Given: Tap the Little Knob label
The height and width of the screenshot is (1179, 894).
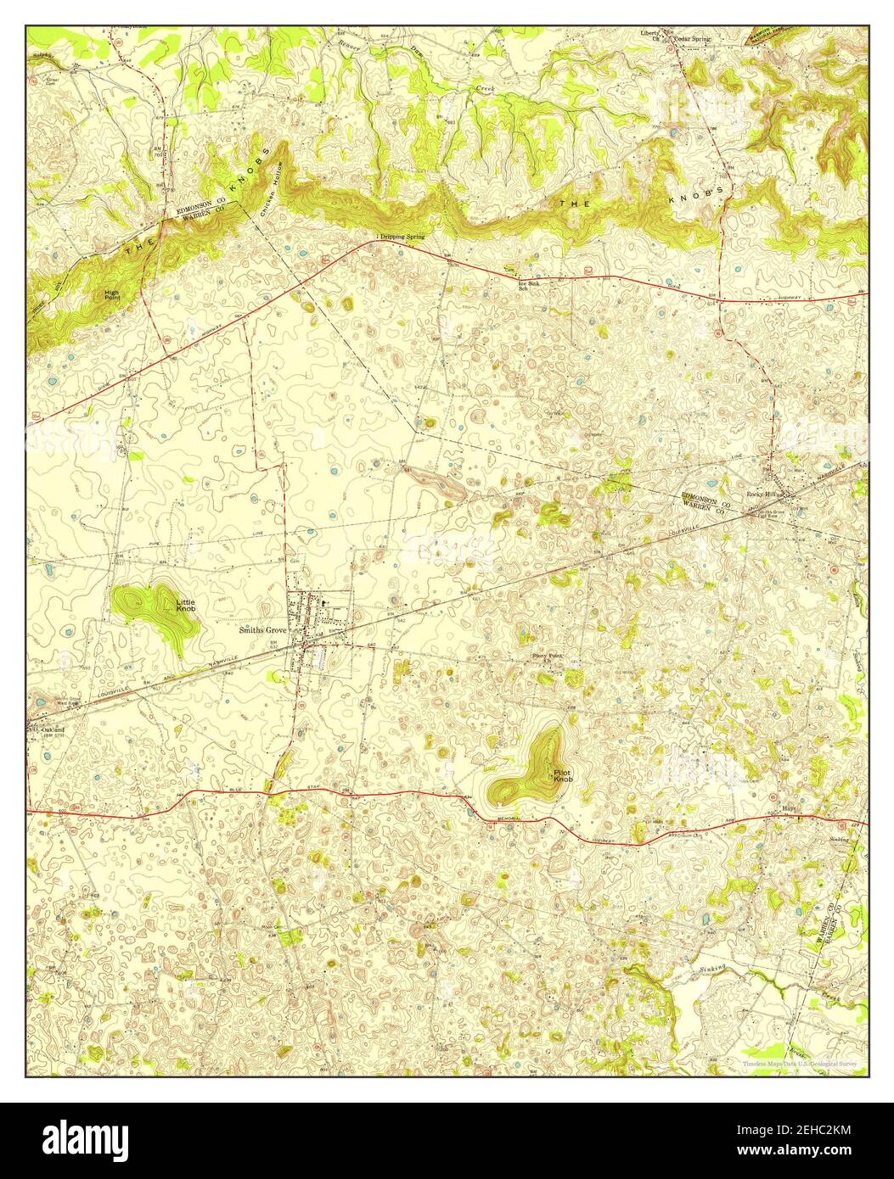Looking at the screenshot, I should coord(185,606).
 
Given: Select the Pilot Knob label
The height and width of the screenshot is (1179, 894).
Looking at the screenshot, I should coord(563,775).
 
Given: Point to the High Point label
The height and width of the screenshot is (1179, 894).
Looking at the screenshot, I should coord(112,295).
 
